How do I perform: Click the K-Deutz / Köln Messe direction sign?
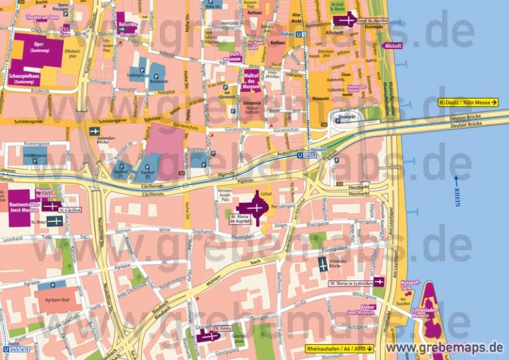pos(467,101)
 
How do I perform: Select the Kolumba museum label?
pos(127,24)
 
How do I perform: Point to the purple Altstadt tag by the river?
pos(392,46)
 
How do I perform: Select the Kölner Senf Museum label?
pos(360,310)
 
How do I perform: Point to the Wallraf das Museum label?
pos(251,80)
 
